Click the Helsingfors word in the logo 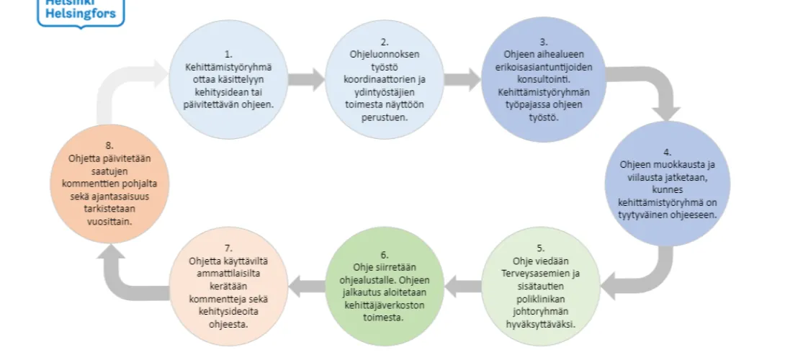coord(81,13)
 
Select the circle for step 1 coord(228,79)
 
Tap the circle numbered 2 coord(385,79)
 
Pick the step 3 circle coord(544,79)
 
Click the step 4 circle coord(668,184)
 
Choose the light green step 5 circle coord(541,287)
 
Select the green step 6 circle coord(385,287)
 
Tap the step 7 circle coord(228,287)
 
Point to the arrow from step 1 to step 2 coord(306,79)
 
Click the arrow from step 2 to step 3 coord(462,79)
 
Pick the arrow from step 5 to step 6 coord(462,287)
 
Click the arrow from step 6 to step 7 coord(306,287)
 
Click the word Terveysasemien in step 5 coord(540,274)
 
